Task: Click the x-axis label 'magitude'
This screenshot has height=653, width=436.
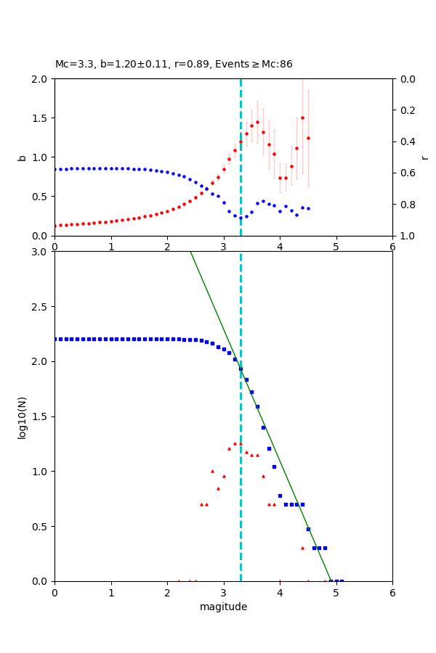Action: (x=223, y=607)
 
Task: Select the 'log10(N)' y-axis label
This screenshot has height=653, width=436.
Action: (x=22, y=416)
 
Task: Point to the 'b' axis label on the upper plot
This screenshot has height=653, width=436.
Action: (x=22, y=157)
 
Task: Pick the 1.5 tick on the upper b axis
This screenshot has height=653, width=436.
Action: (x=41, y=118)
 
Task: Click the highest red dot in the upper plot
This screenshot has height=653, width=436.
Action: (x=302, y=118)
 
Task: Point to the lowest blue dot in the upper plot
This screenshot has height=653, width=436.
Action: (x=241, y=218)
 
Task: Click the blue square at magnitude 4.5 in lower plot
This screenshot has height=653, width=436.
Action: (x=308, y=529)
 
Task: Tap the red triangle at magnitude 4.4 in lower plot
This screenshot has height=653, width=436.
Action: (x=302, y=548)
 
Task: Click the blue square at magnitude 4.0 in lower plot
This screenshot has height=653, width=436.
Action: (x=280, y=496)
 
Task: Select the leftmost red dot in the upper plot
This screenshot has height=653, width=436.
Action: (x=55, y=226)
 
